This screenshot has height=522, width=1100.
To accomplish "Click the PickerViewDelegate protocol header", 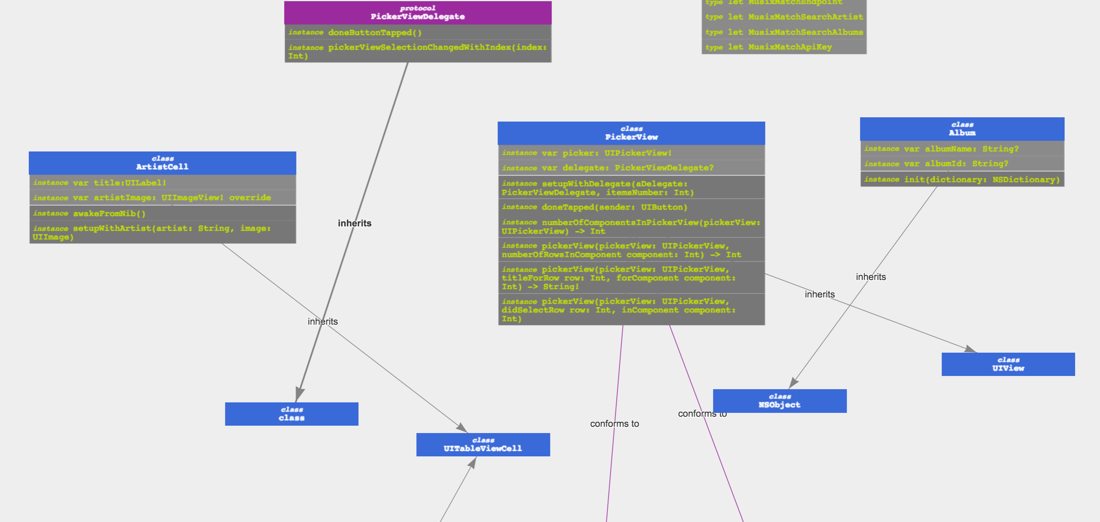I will pyautogui.click(x=417, y=13).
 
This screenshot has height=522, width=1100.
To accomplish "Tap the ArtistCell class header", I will pyautogui.click(x=162, y=163).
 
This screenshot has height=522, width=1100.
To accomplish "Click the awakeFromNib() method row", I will pyautogui.click(x=162, y=213).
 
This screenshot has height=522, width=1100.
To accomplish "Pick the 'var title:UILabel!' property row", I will pyautogui.click(x=162, y=183).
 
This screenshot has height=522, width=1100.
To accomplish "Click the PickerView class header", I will pyautogui.click(x=631, y=133).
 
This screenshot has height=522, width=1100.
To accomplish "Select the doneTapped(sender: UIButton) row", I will pyautogui.click(x=631, y=207).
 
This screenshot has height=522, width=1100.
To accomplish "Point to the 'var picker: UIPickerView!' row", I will pyautogui.click(x=631, y=153).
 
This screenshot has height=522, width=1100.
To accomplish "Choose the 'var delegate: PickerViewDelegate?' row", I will pyautogui.click(x=631, y=168).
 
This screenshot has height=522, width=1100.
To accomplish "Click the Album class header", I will pyautogui.click(x=962, y=129).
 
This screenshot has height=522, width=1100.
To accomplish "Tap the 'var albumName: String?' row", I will pyautogui.click(x=962, y=148).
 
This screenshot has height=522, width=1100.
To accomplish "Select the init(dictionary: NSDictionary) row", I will pyautogui.click(x=962, y=180).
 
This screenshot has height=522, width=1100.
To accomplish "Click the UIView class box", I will pyautogui.click(x=1008, y=364).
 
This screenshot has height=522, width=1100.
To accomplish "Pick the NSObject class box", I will pyautogui.click(x=780, y=401).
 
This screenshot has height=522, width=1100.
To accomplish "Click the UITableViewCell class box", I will pyautogui.click(x=483, y=445).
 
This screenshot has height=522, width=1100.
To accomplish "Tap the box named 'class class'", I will pyautogui.click(x=292, y=414).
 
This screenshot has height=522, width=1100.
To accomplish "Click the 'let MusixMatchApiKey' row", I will pyautogui.click(x=784, y=47).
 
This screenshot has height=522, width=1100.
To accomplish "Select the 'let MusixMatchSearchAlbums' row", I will pyautogui.click(x=784, y=32).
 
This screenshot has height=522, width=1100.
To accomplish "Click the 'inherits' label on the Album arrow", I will pyautogui.click(x=871, y=277).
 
